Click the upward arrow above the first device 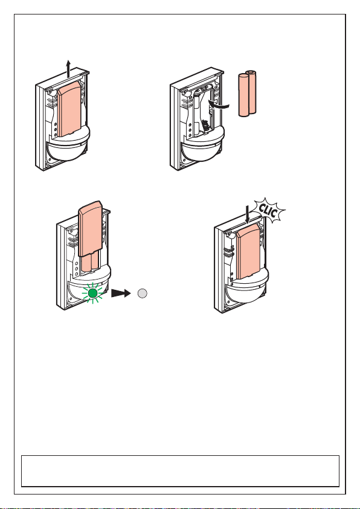[x=68, y=68]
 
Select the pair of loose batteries [x=248, y=94]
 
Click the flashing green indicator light [x=93, y=293]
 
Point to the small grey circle [x=142, y=293]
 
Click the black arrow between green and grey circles [x=121, y=293]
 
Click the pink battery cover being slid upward [x=69, y=109]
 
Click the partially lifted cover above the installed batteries [x=90, y=228]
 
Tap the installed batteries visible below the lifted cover [x=90, y=262]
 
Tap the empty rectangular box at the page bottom [x=180, y=471]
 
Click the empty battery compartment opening [x=203, y=110]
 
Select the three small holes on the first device [x=55, y=129]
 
